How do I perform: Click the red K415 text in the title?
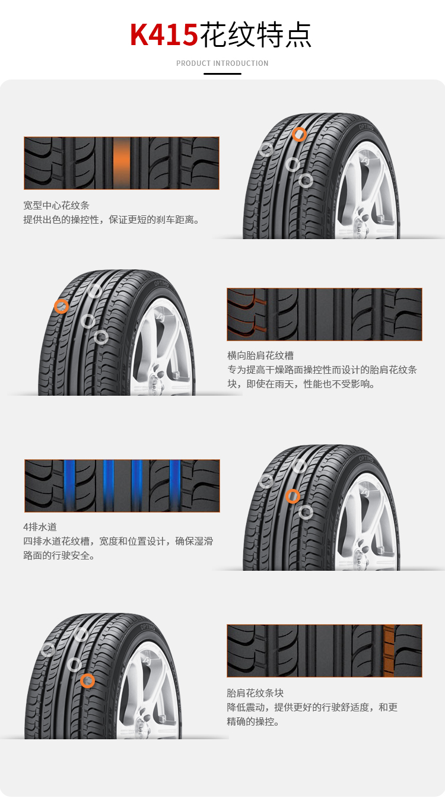pyautogui.click(x=164, y=34)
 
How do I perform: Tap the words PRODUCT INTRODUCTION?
pyautogui.click(x=223, y=63)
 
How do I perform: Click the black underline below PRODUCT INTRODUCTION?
pyautogui.click(x=223, y=74)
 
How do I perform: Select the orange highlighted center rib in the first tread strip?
pyautogui.click(x=122, y=163)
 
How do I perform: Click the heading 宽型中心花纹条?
pyautogui.click(x=56, y=205)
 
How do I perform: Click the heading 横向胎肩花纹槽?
pyautogui.click(x=260, y=355)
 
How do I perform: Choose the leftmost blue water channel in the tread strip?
pyautogui.click(x=69, y=485)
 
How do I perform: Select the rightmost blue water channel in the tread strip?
pyautogui.click(x=175, y=485)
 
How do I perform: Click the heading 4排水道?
pyautogui.click(x=40, y=527)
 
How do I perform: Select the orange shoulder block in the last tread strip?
pyautogui.click(x=389, y=650)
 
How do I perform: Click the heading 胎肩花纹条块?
pyautogui.click(x=255, y=693)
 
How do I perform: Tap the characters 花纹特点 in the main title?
pyautogui.click(x=256, y=34)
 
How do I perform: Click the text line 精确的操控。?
pyautogui.click(x=253, y=721)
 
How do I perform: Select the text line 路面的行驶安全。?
pyautogui.click(x=59, y=555)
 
